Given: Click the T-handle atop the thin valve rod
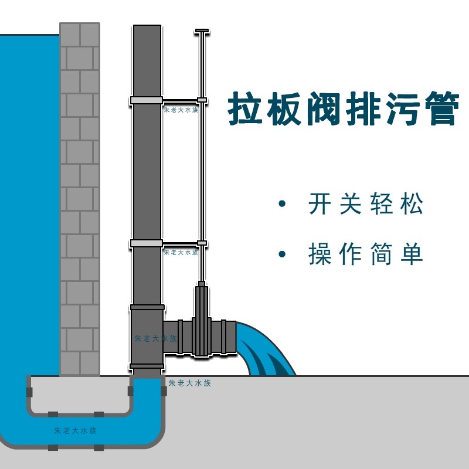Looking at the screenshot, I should pos(202,30).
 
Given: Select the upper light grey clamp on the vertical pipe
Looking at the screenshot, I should pos(146,100).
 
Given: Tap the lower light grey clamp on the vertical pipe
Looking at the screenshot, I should pos(146,243).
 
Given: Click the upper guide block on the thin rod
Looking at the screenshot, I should pos(202,100).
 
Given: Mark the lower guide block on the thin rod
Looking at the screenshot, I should pos(202,243).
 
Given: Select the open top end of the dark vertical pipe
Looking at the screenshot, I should pos(147,27).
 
